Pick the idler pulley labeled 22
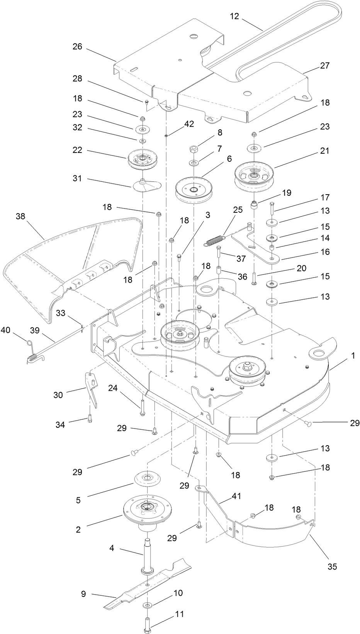click(x=141, y=159)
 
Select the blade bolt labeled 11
click(x=149, y=622)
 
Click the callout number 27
click(x=325, y=65)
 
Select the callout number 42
click(x=189, y=124)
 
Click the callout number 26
click(x=78, y=47)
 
